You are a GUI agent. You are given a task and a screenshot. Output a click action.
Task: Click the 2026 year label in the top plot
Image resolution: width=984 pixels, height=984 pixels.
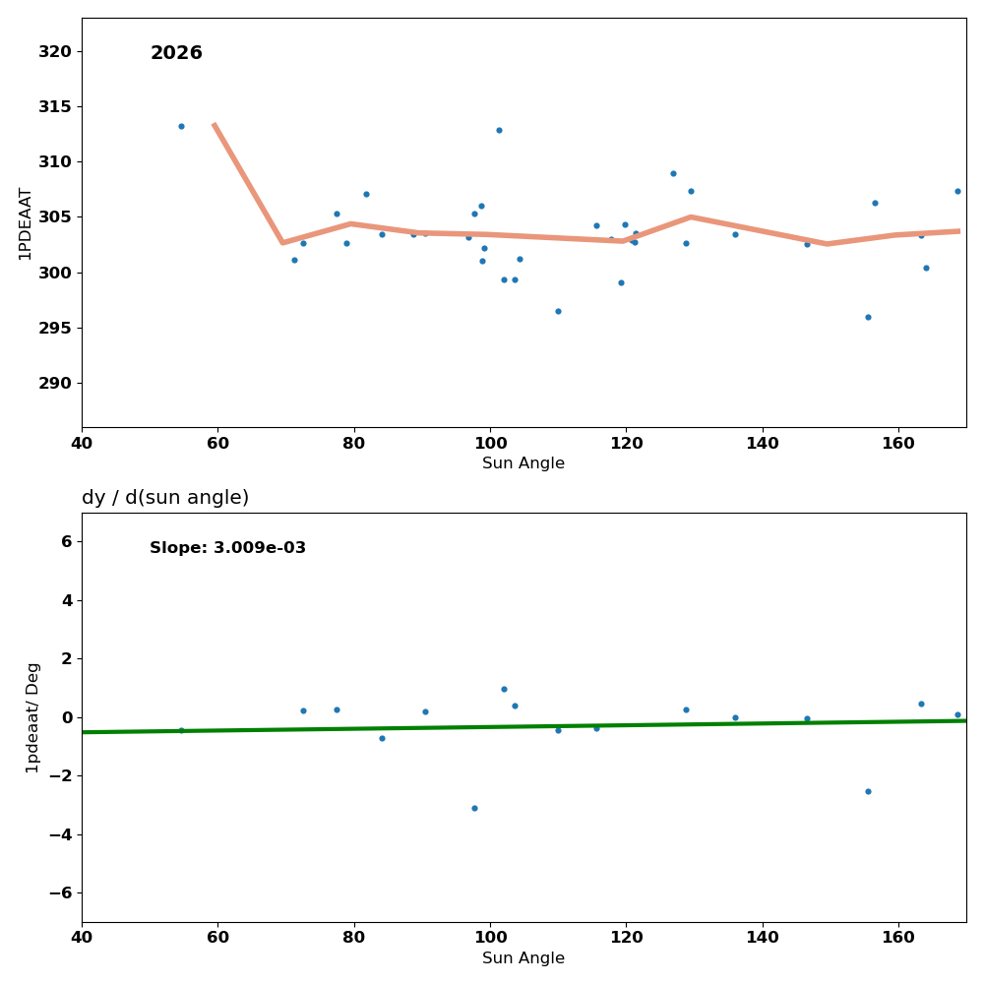(x=176, y=54)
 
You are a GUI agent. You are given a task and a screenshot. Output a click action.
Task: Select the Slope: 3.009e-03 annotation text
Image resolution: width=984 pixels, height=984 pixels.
(x=227, y=548)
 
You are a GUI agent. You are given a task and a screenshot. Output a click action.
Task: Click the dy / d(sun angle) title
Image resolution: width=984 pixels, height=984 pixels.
(x=165, y=498)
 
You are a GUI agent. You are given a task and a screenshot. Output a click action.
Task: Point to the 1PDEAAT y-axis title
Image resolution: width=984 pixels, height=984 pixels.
(x=26, y=223)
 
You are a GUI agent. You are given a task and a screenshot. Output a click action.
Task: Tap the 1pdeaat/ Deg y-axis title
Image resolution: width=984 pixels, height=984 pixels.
(x=33, y=717)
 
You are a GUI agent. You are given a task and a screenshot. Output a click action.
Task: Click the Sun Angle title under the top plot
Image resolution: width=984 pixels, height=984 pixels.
(x=523, y=463)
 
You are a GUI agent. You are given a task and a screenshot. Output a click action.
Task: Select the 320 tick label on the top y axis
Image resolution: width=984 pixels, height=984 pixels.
(x=55, y=51)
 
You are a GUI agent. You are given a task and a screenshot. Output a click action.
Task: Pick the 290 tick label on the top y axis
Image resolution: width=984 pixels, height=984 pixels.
(x=55, y=383)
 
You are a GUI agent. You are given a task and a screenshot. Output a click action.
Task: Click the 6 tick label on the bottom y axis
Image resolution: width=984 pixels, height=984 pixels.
(x=67, y=541)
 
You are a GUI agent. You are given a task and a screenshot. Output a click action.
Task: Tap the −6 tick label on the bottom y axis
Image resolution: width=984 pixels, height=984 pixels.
(x=60, y=892)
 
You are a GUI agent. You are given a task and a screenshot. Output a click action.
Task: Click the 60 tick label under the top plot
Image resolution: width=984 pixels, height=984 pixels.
(x=217, y=444)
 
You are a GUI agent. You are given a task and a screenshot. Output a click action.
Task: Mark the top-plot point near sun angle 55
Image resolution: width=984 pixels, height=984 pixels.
(x=181, y=126)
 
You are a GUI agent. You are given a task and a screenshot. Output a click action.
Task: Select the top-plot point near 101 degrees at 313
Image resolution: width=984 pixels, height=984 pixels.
(x=499, y=130)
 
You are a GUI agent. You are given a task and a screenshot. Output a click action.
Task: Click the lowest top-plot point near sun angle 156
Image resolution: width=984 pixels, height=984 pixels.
(x=868, y=317)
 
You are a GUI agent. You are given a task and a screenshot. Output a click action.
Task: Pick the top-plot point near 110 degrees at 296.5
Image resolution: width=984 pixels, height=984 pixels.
(x=558, y=311)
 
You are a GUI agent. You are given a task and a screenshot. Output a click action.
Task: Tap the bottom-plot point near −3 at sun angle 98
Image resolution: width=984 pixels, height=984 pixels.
(x=474, y=808)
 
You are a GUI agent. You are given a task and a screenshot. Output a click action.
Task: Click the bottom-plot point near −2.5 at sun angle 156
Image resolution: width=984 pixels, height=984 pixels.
(x=868, y=791)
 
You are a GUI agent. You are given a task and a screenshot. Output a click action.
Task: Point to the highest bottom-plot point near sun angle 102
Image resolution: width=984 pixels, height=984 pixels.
(x=504, y=689)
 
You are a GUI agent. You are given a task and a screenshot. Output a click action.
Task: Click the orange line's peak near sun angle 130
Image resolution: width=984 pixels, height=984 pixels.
(x=691, y=216)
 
